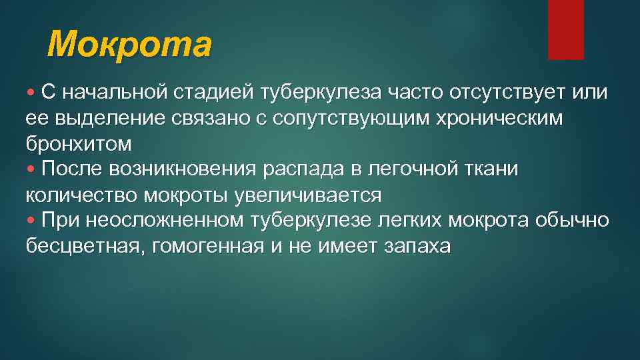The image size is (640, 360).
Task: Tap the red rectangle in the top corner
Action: [x=565, y=29]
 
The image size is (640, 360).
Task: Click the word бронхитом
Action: [x=78, y=143]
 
